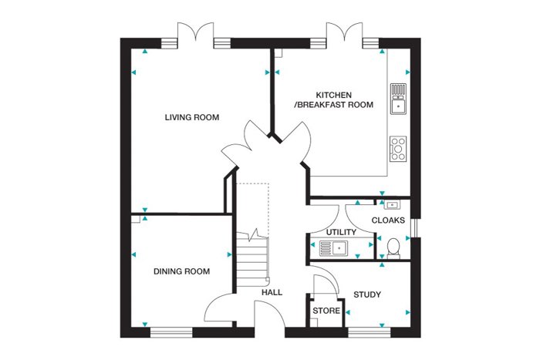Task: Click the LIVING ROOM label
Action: [x=192, y=117]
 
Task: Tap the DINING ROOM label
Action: [x=181, y=271]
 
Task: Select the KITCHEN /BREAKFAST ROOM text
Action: [x=334, y=99]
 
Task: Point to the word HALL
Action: [x=272, y=292]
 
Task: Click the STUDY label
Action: [x=367, y=294]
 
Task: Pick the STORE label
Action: [x=326, y=311]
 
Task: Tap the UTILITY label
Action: [x=341, y=232]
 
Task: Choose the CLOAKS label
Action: [x=388, y=220]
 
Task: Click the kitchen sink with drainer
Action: [x=399, y=99]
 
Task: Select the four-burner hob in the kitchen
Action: [x=399, y=149]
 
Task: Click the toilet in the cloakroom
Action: [x=393, y=248]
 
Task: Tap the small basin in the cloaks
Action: [x=392, y=205]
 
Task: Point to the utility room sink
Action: [x=334, y=249]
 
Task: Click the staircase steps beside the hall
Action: [x=252, y=261]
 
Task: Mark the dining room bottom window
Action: [x=171, y=332]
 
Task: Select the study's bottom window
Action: [x=370, y=332]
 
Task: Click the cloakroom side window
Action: [x=416, y=227]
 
